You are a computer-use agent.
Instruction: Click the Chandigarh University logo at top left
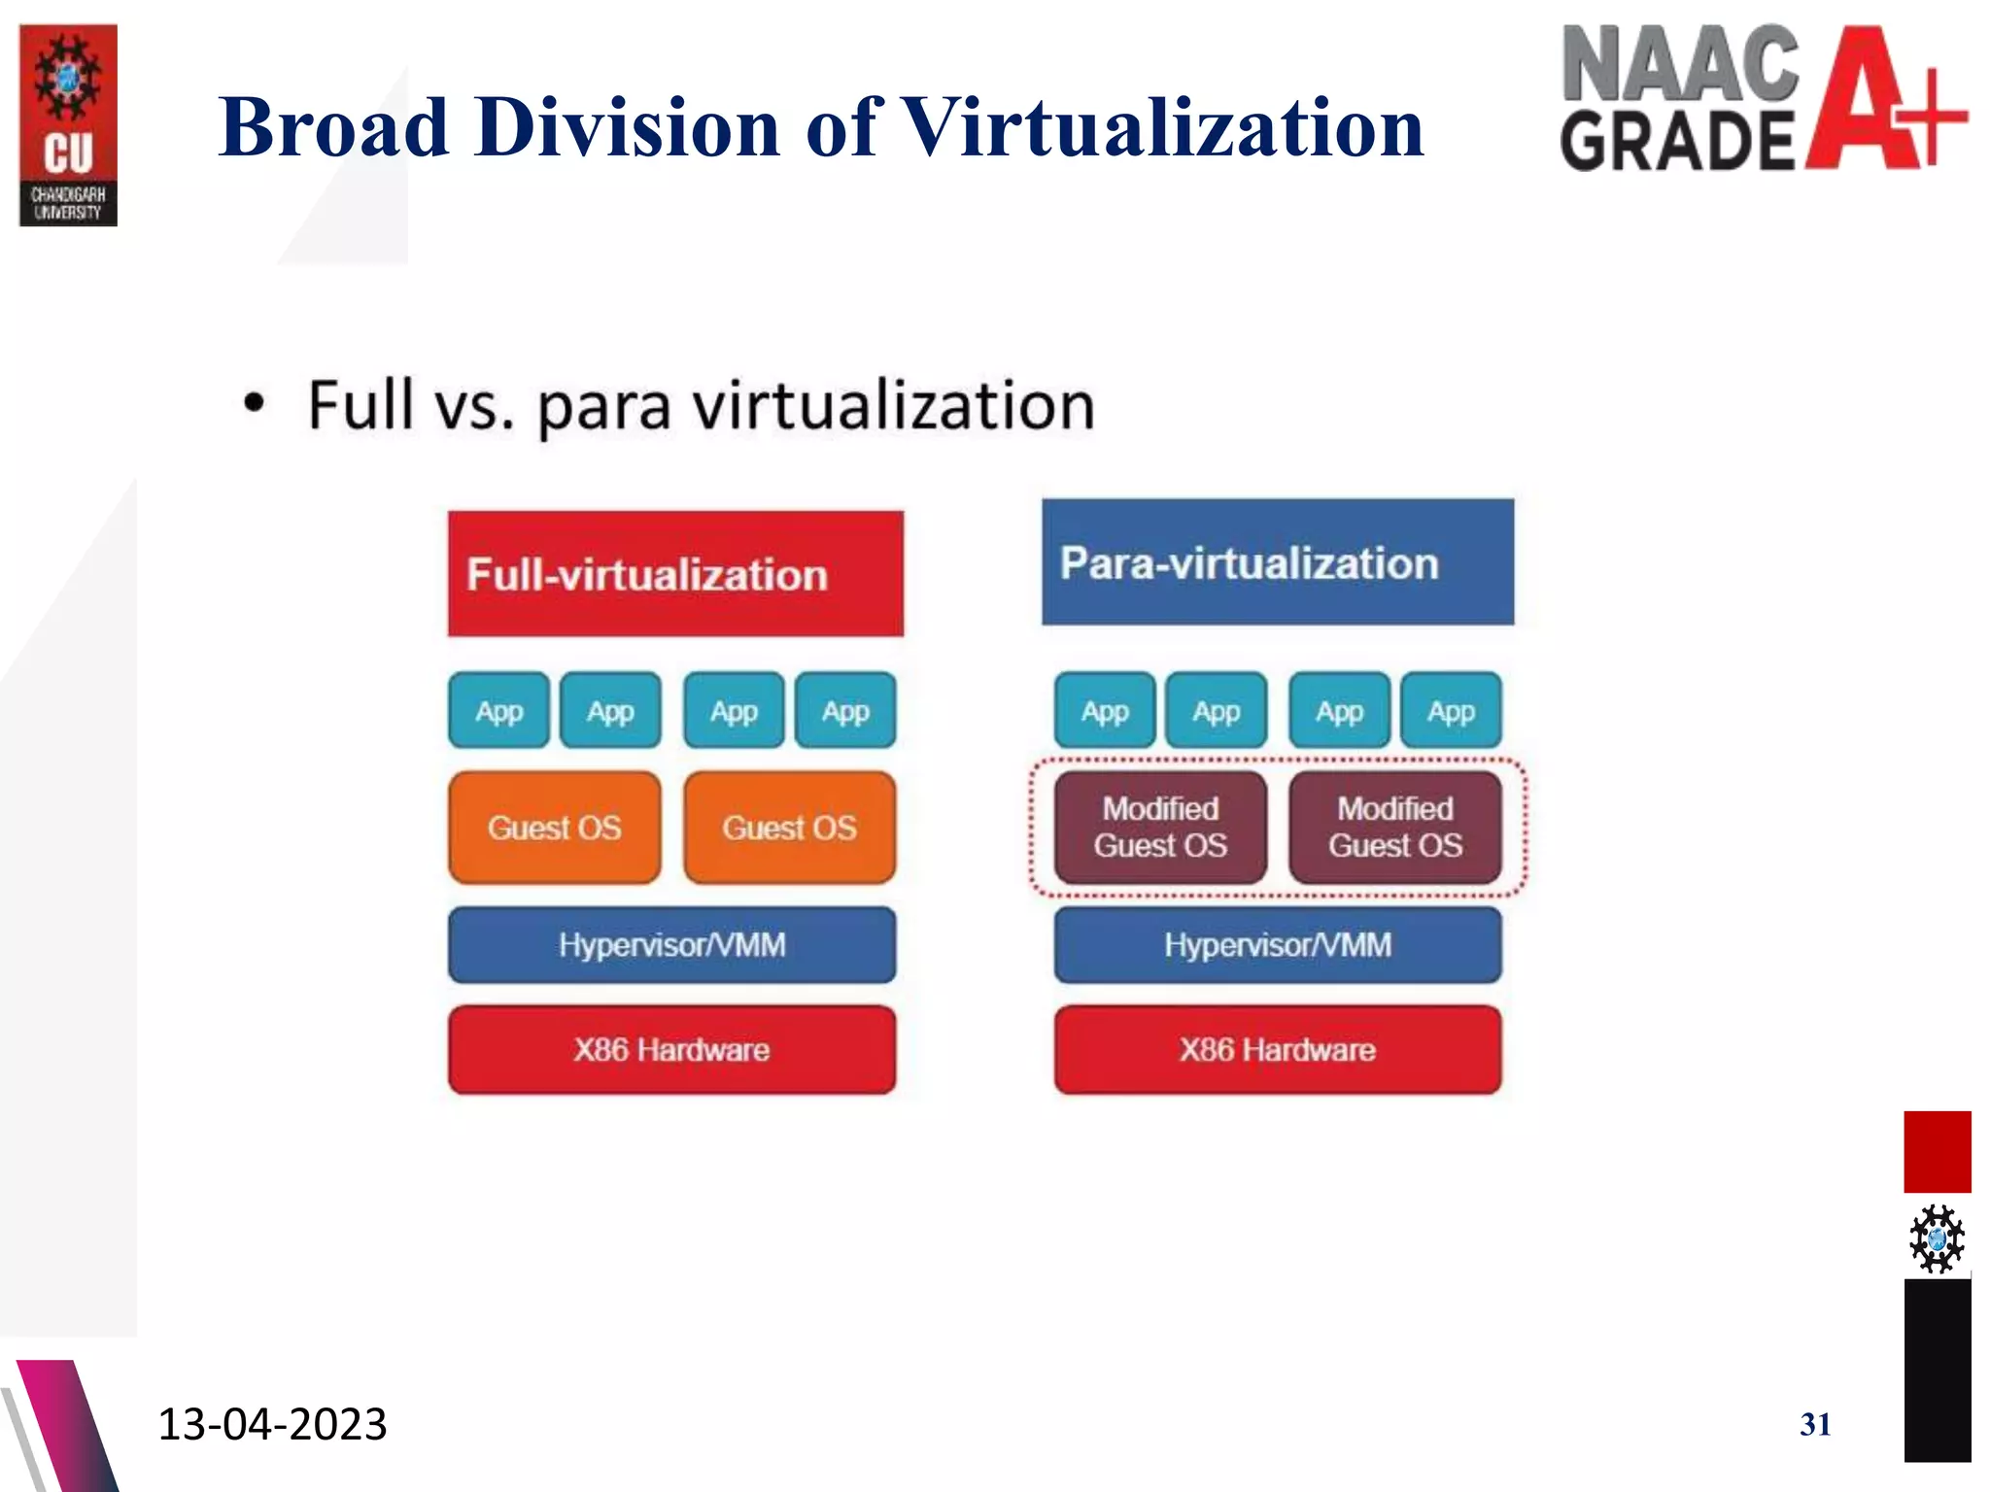click(x=68, y=124)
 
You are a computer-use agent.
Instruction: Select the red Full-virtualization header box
click(x=675, y=573)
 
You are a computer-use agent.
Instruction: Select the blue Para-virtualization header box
click(x=1277, y=562)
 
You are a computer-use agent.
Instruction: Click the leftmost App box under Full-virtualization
click(x=498, y=711)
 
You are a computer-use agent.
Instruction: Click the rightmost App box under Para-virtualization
click(x=1450, y=711)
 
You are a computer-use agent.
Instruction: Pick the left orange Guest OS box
click(x=554, y=828)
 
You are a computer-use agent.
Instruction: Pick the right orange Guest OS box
click(x=789, y=828)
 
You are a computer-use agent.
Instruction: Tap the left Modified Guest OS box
click(x=1160, y=828)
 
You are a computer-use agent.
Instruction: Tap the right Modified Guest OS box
click(x=1394, y=828)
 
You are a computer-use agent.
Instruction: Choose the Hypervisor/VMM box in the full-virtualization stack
click(x=671, y=945)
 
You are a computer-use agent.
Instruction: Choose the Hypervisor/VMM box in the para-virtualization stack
click(x=1277, y=945)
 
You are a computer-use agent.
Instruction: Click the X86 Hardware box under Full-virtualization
click(x=671, y=1050)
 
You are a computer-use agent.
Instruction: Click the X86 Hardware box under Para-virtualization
click(x=1277, y=1050)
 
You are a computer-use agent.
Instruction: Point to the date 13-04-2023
click(x=272, y=1424)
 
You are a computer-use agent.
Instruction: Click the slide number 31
click(x=1815, y=1424)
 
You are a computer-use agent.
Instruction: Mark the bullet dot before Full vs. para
click(x=254, y=404)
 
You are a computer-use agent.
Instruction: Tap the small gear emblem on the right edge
click(x=1937, y=1238)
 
